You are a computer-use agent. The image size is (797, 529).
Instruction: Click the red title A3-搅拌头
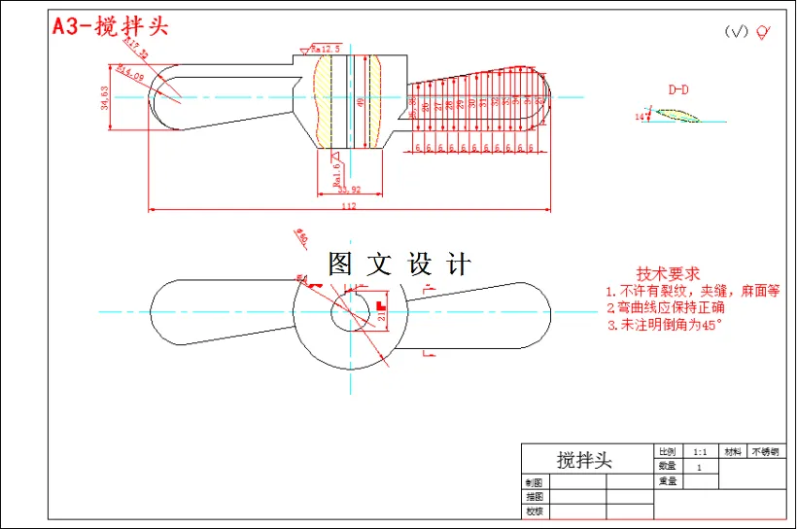pos(110,26)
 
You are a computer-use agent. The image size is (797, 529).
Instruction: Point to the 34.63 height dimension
pos(106,96)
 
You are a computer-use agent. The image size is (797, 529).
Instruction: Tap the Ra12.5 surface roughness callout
pos(325,48)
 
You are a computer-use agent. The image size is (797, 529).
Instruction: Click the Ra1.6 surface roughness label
pos(336,170)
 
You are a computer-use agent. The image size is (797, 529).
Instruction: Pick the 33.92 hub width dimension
pos(349,190)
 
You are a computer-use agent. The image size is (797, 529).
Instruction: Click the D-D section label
pos(678,89)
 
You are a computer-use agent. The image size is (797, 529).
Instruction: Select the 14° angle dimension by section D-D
pos(640,117)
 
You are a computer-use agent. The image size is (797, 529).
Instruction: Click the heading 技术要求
pos(668,274)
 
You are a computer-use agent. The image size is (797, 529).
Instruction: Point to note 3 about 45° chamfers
pos(666,325)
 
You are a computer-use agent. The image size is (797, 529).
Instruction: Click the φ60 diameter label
pos(301,235)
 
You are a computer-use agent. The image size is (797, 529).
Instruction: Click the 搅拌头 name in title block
pos(584,459)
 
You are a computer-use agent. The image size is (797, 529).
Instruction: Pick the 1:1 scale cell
pos(700,452)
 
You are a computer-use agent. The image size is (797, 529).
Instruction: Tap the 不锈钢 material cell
pos(765,452)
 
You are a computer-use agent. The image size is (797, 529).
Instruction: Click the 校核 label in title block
pos(534,511)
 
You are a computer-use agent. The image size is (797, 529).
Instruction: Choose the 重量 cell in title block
pos(667,480)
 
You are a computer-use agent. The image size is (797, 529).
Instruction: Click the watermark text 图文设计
pos(399,264)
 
